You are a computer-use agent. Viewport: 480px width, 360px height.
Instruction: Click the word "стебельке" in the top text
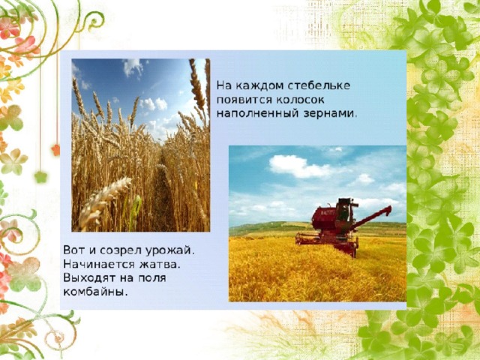point(319,85)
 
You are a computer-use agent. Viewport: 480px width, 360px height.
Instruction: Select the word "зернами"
point(330,113)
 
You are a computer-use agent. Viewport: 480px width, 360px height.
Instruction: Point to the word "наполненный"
point(257,114)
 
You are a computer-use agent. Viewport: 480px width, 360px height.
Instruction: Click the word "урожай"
point(169,250)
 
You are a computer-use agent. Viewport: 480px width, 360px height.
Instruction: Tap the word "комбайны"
point(95,292)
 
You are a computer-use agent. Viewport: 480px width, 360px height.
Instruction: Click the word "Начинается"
point(99,264)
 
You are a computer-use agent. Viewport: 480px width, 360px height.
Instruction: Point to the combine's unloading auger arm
point(371,217)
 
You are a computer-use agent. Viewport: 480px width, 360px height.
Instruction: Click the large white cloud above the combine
point(299,166)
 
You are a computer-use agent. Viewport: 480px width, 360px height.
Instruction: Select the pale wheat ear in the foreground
point(104,198)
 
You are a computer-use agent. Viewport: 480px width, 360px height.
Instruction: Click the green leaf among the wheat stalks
point(135,211)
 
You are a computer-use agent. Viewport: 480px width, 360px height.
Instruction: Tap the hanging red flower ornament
point(55,150)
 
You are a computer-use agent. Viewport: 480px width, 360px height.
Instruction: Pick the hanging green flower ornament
point(40,177)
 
